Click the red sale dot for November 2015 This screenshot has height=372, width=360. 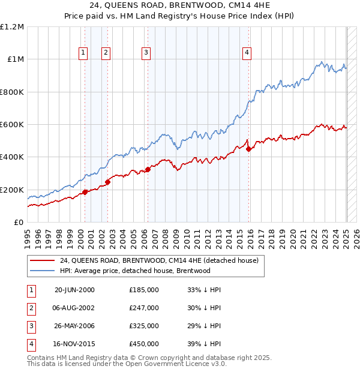click(x=249, y=149)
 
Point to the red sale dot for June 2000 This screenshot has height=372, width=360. click(x=85, y=192)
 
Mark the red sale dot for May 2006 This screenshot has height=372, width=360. click(x=148, y=169)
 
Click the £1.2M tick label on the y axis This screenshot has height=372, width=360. click(x=12, y=27)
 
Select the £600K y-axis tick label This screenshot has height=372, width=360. click(x=12, y=125)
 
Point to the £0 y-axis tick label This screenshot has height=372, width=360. click(x=18, y=223)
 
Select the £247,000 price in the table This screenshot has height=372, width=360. click(x=144, y=308)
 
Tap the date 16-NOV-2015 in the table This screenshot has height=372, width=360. click(x=74, y=344)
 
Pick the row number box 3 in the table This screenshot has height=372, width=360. click(x=31, y=326)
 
